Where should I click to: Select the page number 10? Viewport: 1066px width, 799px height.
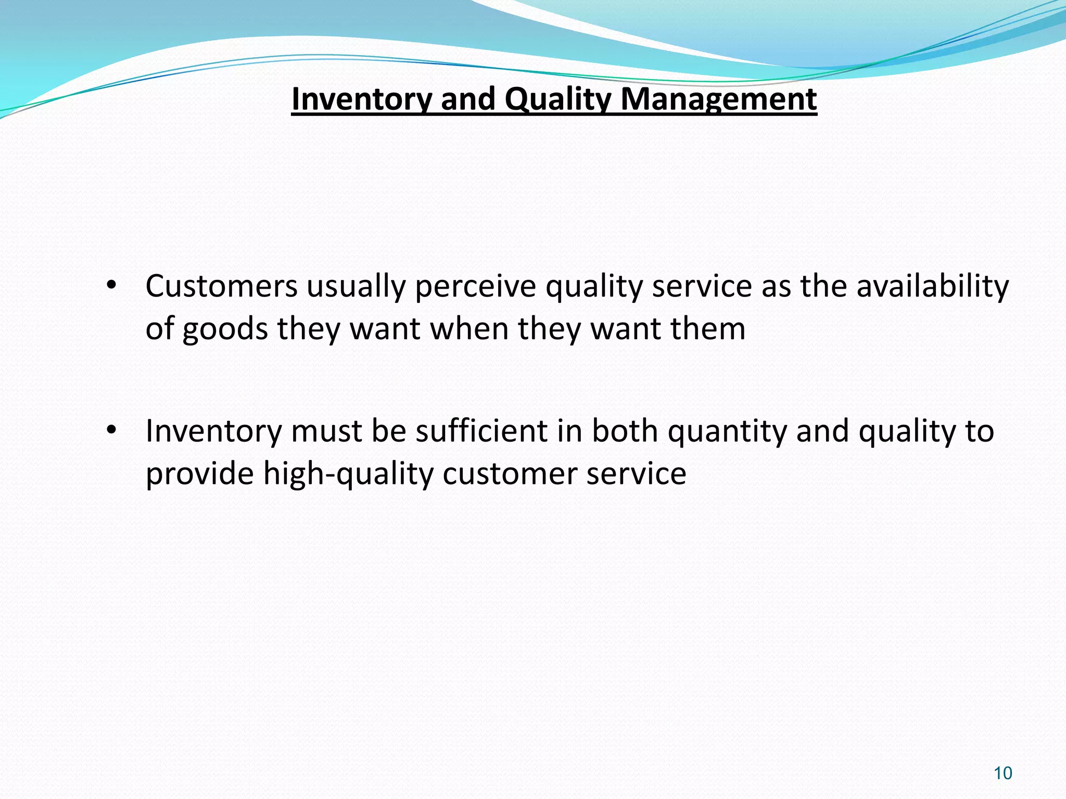click(1002, 774)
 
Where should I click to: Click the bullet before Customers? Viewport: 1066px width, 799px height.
click(110, 287)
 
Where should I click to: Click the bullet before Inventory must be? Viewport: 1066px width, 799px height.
click(110, 431)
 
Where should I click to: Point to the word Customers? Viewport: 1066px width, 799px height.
click(221, 287)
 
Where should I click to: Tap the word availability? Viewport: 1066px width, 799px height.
click(932, 287)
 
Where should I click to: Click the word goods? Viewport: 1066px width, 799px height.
click(224, 330)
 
